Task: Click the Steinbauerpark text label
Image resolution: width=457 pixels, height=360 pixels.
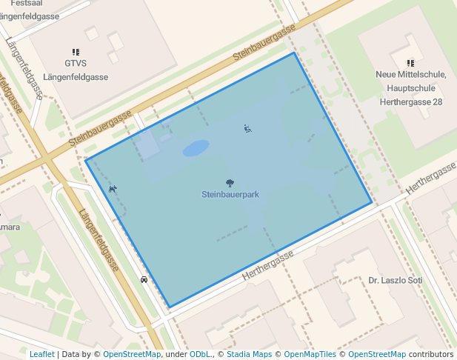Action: (230, 194)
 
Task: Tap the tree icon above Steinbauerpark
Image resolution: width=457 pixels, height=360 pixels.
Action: (230, 182)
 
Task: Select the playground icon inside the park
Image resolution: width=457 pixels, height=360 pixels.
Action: (247, 129)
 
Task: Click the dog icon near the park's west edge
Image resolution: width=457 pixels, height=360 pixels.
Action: (113, 189)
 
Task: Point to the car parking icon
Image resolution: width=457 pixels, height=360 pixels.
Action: (144, 280)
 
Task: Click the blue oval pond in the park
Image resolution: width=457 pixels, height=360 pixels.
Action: (196, 148)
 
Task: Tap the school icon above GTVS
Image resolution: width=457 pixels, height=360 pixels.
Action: (76, 52)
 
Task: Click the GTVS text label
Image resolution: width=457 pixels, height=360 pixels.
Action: (76, 63)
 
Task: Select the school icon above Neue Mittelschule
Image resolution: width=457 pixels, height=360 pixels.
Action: (410, 63)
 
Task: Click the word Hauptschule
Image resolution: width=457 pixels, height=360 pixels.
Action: (410, 87)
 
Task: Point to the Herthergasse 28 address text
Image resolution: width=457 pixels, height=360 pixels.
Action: (410, 101)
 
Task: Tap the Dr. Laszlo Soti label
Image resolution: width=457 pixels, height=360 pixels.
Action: (395, 281)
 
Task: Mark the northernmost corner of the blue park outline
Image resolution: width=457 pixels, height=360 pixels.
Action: (295, 53)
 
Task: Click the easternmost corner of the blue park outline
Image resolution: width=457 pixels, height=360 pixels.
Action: (372, 202)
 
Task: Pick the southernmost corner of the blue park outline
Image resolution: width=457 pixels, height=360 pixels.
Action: (170, 307)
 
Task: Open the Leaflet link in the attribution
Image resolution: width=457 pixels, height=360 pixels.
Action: (41, 354)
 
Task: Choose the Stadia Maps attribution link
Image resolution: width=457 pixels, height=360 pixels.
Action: (249, 354)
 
